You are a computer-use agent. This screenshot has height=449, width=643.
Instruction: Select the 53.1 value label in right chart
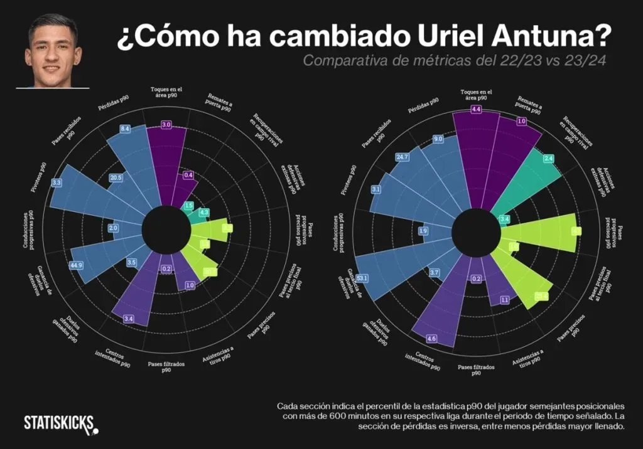pos(362,277)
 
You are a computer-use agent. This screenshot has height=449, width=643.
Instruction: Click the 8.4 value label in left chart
pos(125,129)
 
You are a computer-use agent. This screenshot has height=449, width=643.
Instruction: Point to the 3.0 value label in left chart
pos(166,125)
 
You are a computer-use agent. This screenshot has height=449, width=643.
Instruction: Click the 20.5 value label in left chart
pos(116,178)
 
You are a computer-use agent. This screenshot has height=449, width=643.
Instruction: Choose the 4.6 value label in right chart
pos(432,339)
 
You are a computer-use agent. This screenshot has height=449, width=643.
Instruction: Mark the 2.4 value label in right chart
pos(549,159)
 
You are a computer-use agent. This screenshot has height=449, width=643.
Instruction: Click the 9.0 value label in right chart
pos(438,139)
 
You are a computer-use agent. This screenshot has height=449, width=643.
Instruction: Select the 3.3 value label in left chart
pos(57,182)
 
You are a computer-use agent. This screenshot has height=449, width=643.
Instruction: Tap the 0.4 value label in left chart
pos(188,176)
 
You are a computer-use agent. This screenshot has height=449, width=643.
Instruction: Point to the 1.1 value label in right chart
pos(504,300)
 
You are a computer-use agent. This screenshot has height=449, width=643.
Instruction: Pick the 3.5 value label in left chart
pos(131,262)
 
